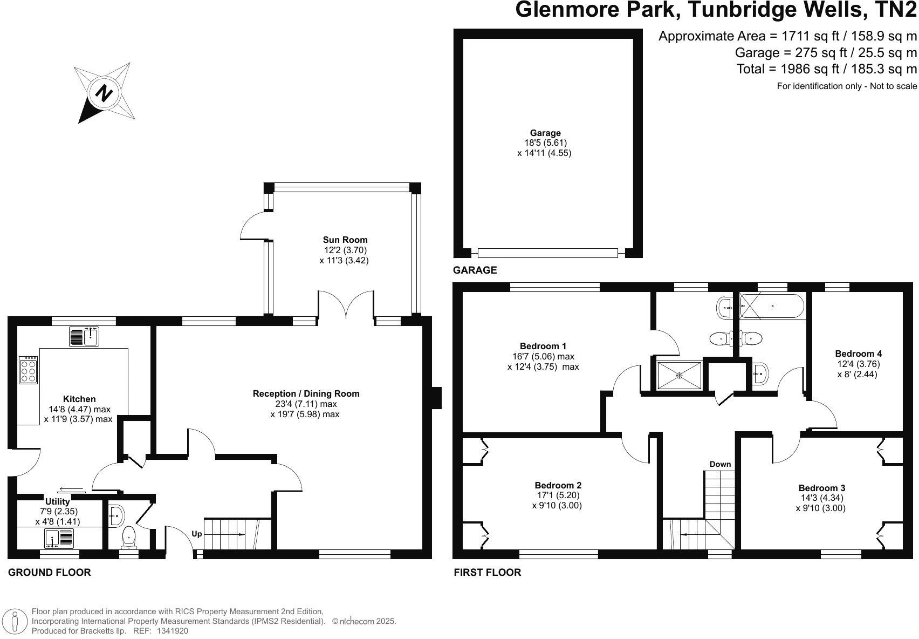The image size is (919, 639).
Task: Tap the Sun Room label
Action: click(345, 240)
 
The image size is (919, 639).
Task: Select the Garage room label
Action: click(545, 133)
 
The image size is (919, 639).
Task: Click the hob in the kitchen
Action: click(28, 370)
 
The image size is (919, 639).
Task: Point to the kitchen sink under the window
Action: click(84, 337)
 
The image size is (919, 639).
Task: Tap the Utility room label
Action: click(57, 502)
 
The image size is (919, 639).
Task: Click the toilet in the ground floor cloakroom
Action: click(129, 536)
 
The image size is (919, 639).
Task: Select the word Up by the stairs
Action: click(197, 534)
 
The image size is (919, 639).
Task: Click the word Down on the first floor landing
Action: click(720, 464)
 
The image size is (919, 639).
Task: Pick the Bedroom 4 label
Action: click(858, 354)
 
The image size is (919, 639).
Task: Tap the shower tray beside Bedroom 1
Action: click(680, 375)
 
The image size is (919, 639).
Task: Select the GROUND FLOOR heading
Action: click(49, 573)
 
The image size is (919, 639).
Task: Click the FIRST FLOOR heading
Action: click(487, 573)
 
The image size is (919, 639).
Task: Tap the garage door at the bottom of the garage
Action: click(547, 253)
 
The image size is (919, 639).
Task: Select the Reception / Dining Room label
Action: click(306, 393)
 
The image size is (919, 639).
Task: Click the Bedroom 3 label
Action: click(821, 488)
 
